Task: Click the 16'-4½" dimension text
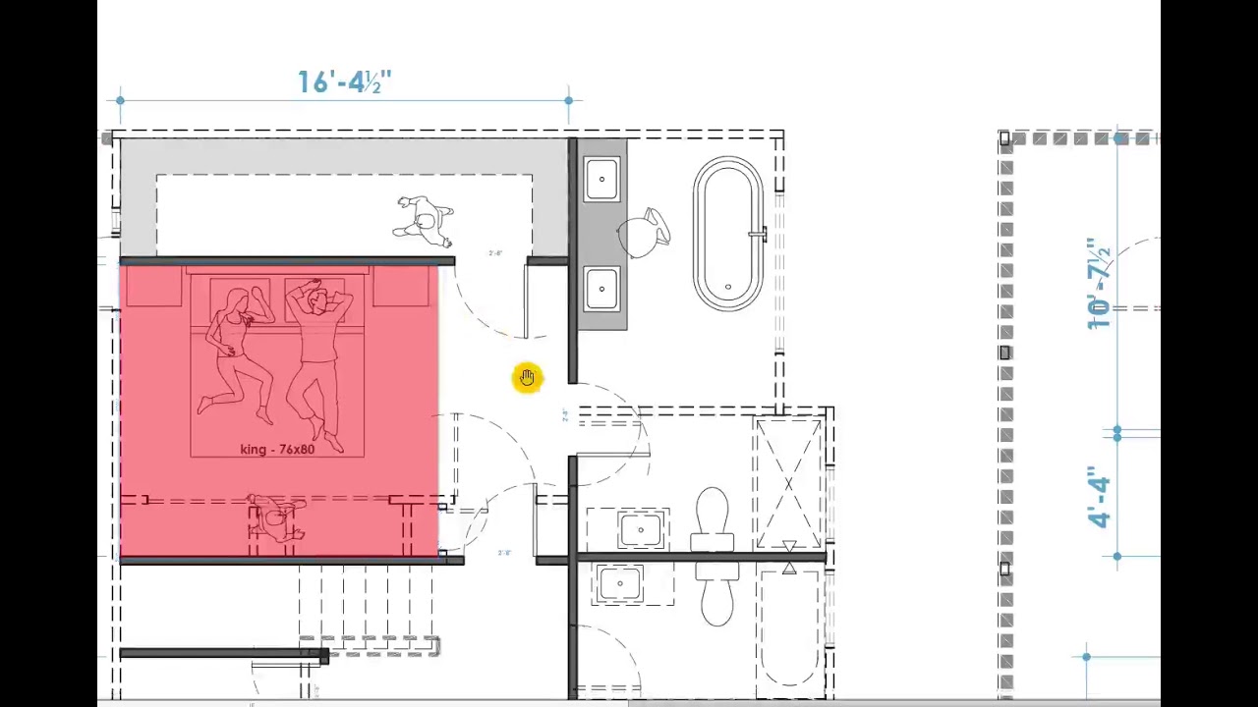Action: tap(344, 82)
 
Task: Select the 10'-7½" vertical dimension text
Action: tap(1099, 283)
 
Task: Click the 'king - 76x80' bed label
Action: tap(277, 449)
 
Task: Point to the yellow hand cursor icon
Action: tap(528, 378)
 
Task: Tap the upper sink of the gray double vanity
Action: tap(601, 180)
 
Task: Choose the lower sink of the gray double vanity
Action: tap(601, 288)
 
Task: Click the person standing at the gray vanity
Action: tap(645, 232)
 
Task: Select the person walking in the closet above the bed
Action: tap(425, 221)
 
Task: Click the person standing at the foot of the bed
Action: tap(276, 517)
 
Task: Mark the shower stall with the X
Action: tap(788, 483)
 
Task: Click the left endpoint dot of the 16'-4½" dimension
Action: tap(120, 100)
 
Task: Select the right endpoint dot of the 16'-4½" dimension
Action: tap(569, 100)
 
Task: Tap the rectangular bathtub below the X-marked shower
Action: tap(790, 628)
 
